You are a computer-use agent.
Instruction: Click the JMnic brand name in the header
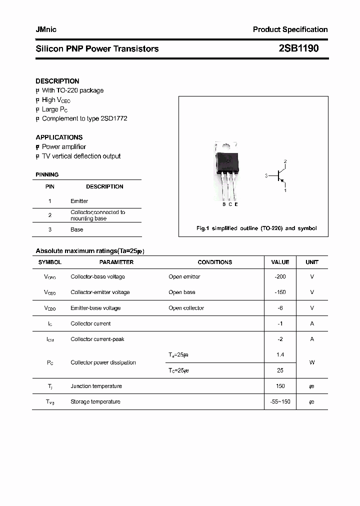pyautogui.click(x=46, y=29)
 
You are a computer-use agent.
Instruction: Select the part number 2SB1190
pyautogui.click(x=298, y=48)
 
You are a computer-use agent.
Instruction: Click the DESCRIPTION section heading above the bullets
pyautogui.click(x=57, y=81)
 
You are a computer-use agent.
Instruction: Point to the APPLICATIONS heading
pyautogui.click(x=59, y=137)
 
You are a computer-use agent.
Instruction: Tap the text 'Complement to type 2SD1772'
pyautogui.click(x=84, y=118)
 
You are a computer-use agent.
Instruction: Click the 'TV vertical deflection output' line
pyautogui.click(x=81, y=156)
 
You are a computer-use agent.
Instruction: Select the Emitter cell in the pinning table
pyautogui.click(x=79, y=201)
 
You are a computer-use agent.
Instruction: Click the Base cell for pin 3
pyautogui.click(x=76, y=229)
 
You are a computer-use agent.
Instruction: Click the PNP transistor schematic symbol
pyautogui.click(x=280, y=176)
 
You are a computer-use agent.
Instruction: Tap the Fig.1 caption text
pyautogui.click(x=256, y=228)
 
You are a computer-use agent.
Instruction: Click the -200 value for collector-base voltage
pyautogui.click(x=280, y=276)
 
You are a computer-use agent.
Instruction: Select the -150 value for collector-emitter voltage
pyautogui.click(x=280, y=292)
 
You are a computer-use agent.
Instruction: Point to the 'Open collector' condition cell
pyautogui.click(x=186, y=308)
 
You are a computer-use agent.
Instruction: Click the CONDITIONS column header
pyautogui.click(x=215, y=262)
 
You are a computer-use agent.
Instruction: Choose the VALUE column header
pyautogui.click(x=280, y=262)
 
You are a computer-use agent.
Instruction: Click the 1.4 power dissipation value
pyautogui.click(x=280, y=354)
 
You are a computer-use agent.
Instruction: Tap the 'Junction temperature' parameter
pyautogui.click(x=96, y=386)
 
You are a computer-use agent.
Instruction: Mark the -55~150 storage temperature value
pyautogui.click(x=280, y=401)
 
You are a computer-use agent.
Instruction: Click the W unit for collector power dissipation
pyautogui.click(x=312, y=362)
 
